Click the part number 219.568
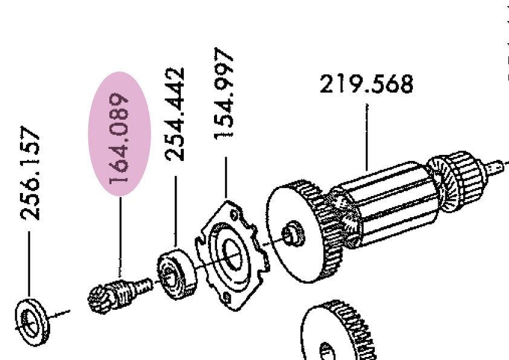(366, 84)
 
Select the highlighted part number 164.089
(119, 138)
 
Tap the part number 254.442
(175, 114)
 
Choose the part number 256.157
(30, 173)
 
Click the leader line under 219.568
(367, 137)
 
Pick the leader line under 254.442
(176, 212)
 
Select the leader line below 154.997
(226, 178)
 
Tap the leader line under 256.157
(29, 264)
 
